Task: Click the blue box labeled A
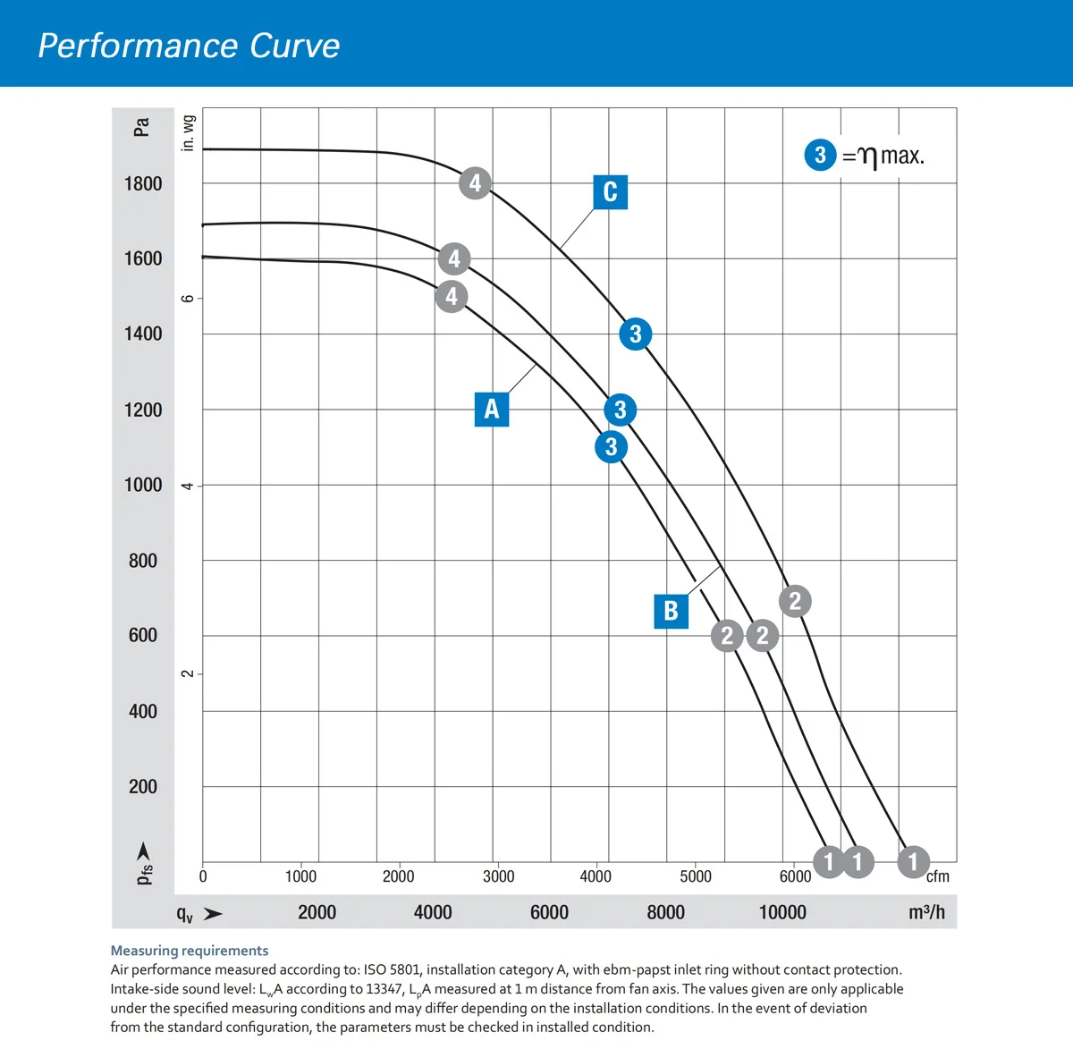coord(492,409)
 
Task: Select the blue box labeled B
coord(671,611)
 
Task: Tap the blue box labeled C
coord(610,192)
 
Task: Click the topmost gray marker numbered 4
coord(475,183)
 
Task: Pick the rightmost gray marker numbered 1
coord(913,862)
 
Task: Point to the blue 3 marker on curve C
coord(635,334)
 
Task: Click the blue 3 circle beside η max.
coord(820,155)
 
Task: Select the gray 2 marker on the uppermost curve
coord(795,601)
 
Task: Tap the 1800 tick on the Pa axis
coord(143,184)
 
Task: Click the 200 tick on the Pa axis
coord(143,787)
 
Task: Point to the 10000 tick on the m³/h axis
coord(782,912)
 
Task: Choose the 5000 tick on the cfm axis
coord(696,876)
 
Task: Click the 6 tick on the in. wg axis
coord(188,298)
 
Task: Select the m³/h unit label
coord(926,912)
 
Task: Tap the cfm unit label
coord(937,876)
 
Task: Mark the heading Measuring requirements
coord(190,951)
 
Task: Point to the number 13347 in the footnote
coord(385,989)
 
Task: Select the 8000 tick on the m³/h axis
coord(665,912)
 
